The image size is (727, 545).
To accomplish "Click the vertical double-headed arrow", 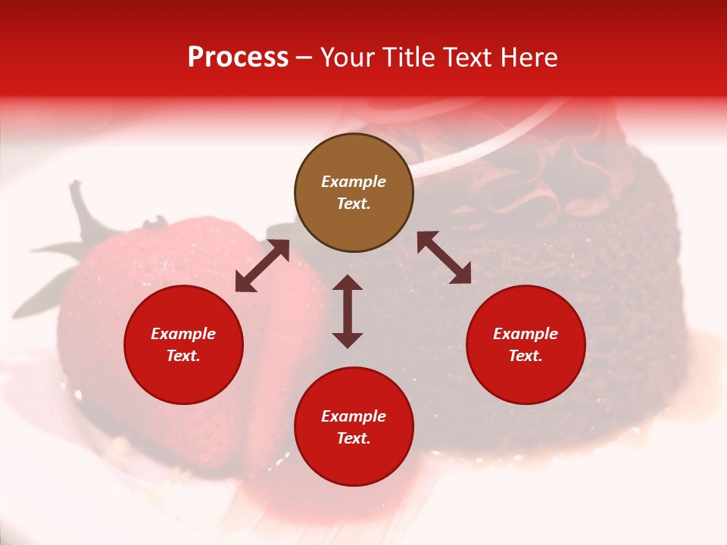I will pos(348,311).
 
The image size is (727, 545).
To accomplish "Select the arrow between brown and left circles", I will pos(262,266).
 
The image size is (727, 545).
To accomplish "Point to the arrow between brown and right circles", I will pos(444,258).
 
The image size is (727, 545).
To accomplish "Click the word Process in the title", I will pos(238,58).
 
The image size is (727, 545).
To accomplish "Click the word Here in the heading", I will pos(529,58).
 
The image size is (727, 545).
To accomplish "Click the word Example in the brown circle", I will pos(354,182).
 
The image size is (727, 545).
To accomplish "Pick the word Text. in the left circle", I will pos(183,356).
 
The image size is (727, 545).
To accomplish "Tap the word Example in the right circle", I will pos(526,334).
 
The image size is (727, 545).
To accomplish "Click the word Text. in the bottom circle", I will pos(354,438).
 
